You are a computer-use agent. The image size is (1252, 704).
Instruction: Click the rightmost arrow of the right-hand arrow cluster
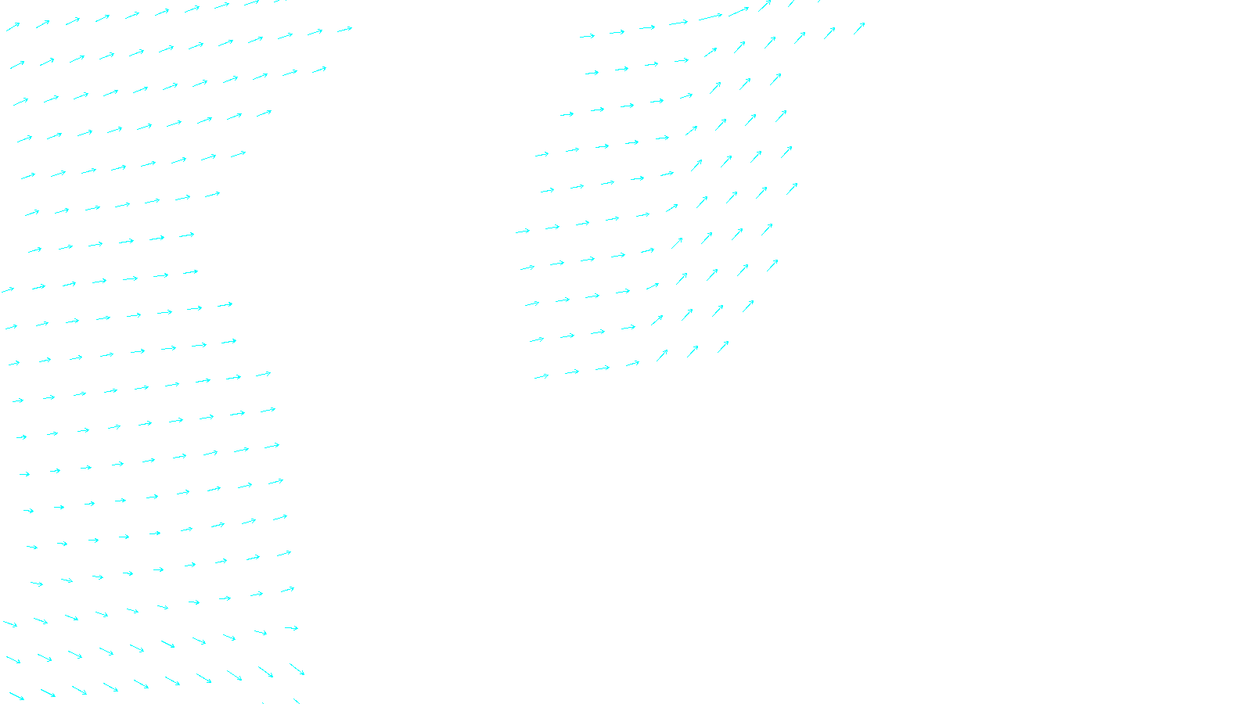click(859, 27)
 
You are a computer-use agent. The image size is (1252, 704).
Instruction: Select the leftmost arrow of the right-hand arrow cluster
click(523, 231)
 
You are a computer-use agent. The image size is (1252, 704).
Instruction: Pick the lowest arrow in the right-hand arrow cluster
click(541, 376)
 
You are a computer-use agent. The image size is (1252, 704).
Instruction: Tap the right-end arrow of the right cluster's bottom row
click(724, 346)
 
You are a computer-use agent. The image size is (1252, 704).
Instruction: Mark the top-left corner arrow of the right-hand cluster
click(587, 35)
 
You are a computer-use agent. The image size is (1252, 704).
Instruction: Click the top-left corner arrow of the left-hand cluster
click(13, 27)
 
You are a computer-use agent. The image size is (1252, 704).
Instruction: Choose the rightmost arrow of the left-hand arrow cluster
click(344, 30)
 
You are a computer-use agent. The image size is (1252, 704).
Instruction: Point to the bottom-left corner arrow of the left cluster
click(16, 695)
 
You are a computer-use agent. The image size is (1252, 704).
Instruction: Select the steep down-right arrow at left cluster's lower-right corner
click(297, 669)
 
